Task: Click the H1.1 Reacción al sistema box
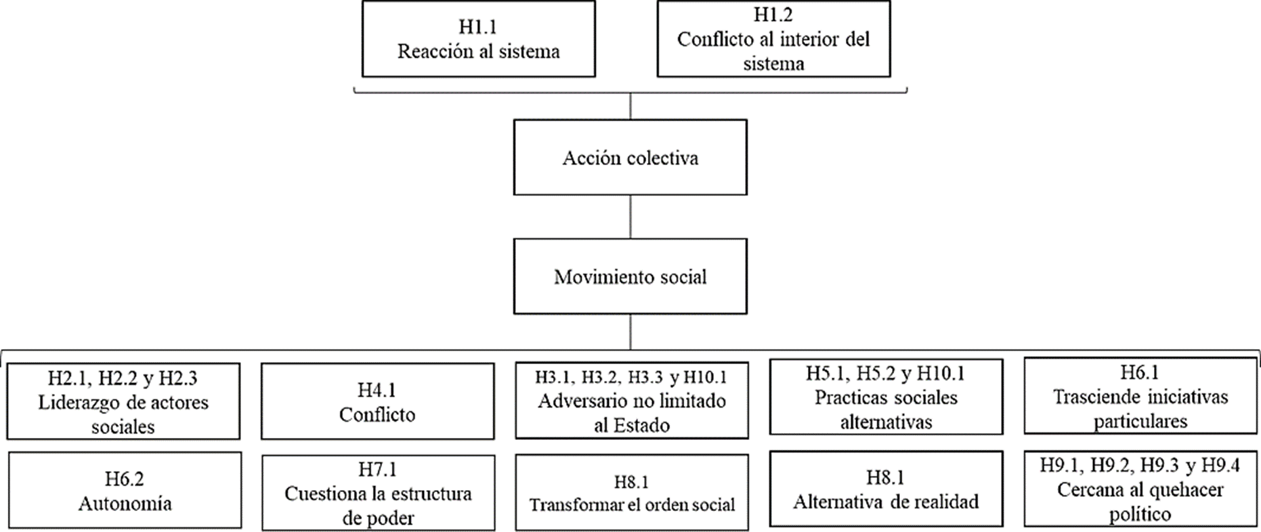[x=478, y=39]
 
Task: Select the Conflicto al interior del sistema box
[x=773, y=39]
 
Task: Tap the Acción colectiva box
[x=630, y=158]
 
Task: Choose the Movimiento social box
[x=630, y=276]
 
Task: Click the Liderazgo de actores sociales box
[x=123, y=402]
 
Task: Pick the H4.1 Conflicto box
[x=377, y=402]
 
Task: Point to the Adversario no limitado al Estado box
[x=631, y=401]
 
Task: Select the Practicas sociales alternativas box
[x=886, y=397]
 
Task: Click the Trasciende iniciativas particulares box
[x=1140, y=397]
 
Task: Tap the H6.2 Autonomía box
[x=125, y=491]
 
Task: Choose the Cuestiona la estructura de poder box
[x=378, y=493]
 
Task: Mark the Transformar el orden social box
[x=631, y=493]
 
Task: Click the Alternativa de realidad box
[x=886, y=489]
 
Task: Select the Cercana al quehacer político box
[x=1140, y=489]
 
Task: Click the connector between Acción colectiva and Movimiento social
[x=630, y=217]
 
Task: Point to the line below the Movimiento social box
[x=630, y=332]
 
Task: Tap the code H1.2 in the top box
[x=773, y=14]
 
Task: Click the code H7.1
[x=377, y=469]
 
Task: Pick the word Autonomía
[x=125, y=504]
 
